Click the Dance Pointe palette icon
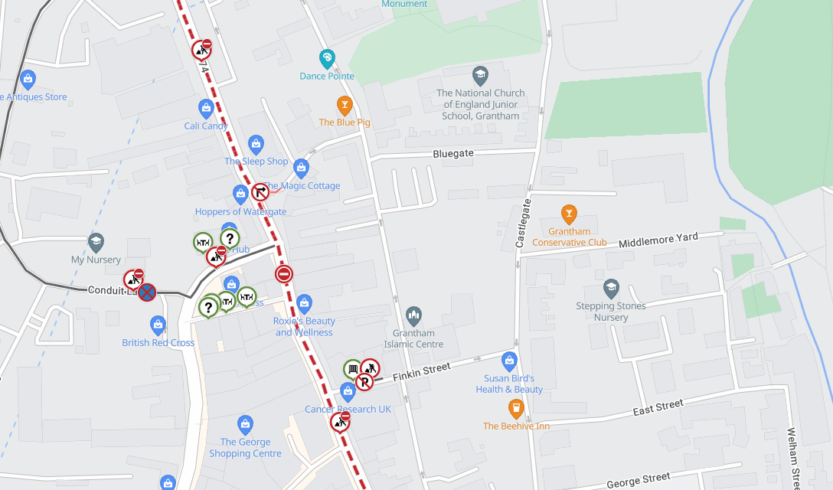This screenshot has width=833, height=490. pos(327,58)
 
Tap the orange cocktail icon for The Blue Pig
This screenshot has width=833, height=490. pos(345,104)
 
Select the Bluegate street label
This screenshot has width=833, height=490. pos(453,153)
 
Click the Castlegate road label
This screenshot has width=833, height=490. pos(524,224)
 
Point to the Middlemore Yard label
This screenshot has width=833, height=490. pos(658,239)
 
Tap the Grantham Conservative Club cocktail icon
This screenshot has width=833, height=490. pos(569,212)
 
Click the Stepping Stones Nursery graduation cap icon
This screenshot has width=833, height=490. pos(611,288)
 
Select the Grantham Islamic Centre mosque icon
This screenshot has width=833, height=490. pos(414,315)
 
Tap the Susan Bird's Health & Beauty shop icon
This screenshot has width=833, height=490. pos(509,360)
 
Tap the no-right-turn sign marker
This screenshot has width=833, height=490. pos(260,191)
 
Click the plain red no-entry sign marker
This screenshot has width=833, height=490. pos(284,273)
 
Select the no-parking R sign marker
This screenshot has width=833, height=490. pos(364,381)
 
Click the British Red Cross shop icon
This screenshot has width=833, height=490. pos(158,325)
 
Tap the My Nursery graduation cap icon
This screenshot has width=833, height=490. pos(96,242)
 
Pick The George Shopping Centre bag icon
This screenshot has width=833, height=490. pos(245,423)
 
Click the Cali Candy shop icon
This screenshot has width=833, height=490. pos(206,108)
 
